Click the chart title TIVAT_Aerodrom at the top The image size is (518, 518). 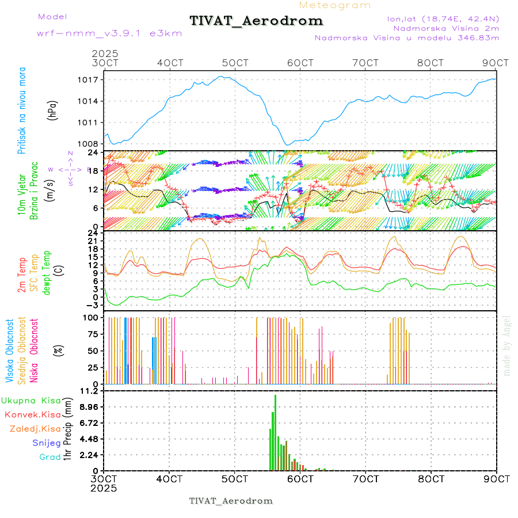pos(257,21)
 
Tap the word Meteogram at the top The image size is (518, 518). pos(335,5)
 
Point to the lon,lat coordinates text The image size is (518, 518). pos(443,19)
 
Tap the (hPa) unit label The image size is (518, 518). pos(53,109)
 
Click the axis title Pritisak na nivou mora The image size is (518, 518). pos(22,112)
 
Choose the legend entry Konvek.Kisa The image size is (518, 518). pos(32,414)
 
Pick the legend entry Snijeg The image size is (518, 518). pos(47,443)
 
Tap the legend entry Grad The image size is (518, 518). pos(50,457)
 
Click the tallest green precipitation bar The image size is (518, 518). pos(276,432)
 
